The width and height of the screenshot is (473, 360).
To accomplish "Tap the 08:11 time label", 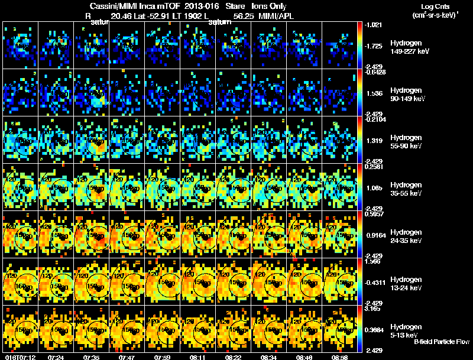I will [199, 357].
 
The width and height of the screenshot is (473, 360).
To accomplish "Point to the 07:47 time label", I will [128, 357].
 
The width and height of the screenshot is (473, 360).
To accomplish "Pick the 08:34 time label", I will [270, 357].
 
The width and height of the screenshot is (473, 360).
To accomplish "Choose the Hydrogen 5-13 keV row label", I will [406, 331].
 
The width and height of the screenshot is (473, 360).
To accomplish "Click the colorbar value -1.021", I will [375, 25].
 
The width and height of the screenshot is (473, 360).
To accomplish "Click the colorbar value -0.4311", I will [376, 283].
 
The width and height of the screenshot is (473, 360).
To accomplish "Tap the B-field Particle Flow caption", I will [441, 342].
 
